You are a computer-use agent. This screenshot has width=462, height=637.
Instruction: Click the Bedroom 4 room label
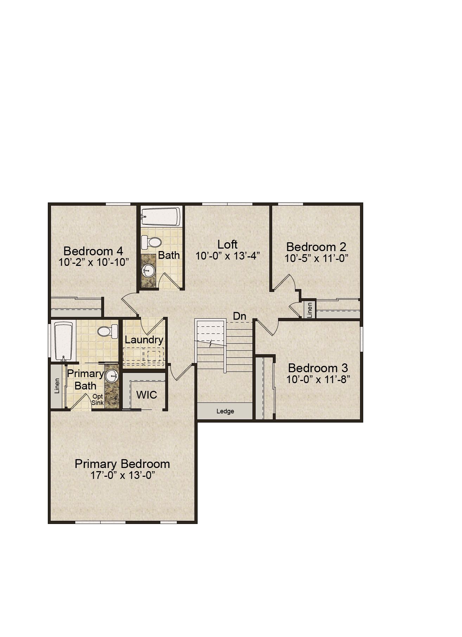click(93, 251)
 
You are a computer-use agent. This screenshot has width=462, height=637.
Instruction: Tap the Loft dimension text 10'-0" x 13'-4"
click(227, 256)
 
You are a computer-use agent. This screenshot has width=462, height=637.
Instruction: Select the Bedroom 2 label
click(316, 246)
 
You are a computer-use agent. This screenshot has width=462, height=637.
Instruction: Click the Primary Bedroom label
click(122, 464)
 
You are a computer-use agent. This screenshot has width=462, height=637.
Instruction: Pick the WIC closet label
click(147, 395)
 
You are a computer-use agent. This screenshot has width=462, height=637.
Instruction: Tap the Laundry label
click(144, 340)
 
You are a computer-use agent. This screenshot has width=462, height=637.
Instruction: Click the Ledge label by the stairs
click(225, 411)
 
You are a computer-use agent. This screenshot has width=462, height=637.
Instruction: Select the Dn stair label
click(239, 316)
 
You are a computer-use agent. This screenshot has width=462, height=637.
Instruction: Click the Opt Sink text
click(98, 399)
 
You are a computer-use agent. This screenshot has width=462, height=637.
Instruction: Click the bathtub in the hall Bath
click(161, 217)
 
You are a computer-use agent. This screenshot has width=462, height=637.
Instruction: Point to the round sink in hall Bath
click(148, 271)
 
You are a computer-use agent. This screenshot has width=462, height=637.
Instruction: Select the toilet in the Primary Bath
click(108, 331)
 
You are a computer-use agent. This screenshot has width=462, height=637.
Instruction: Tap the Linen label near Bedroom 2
click(310, 310)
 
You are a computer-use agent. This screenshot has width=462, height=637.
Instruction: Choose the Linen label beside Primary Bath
click(57, 386)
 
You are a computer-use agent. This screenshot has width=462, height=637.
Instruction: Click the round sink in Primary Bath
click(112, 376)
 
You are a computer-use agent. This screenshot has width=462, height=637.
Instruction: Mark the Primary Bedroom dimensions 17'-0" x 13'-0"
click(123, 475)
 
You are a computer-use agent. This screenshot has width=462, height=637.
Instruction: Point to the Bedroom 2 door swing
click(288, 282)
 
